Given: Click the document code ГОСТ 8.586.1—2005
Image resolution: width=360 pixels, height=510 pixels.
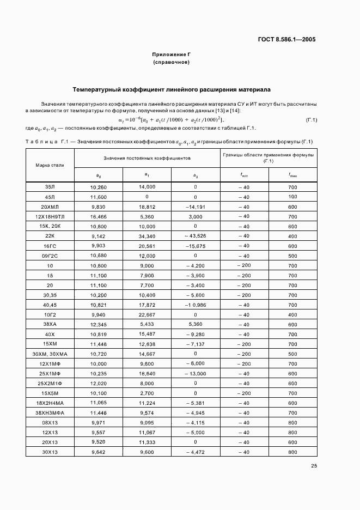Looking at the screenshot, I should coord(286,39).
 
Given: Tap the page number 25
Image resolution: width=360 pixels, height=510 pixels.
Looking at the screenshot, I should coord(314,465).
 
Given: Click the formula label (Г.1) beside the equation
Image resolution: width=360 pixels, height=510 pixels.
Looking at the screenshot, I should coord(312,120).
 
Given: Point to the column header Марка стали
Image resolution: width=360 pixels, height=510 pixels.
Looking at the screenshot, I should coord(50,165).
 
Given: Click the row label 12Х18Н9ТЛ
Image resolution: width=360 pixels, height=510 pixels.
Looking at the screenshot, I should coord(50,216).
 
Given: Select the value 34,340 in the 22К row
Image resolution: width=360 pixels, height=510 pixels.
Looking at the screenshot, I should coord(147,236).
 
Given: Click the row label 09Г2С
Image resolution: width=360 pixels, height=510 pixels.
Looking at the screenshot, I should coord(50,256).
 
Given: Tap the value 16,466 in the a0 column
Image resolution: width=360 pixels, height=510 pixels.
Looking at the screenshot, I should coord(98,216).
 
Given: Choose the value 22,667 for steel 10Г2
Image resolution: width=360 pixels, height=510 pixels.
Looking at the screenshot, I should coord(147,315).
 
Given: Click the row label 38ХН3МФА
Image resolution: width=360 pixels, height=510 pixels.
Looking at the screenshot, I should coord(50,413).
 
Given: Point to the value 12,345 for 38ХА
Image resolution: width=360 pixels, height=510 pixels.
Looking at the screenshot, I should coord(98,325).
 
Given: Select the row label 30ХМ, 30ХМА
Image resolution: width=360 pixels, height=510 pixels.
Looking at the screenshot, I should coord(50,354).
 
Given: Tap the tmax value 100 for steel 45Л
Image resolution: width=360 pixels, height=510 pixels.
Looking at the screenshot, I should coord(292,196).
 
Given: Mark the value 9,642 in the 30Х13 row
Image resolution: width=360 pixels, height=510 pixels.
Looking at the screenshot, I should coord(98,452).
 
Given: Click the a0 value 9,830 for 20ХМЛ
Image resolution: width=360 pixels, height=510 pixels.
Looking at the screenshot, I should coord(98,207).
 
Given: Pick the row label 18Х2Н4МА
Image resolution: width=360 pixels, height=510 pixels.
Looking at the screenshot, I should coord(50,403).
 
